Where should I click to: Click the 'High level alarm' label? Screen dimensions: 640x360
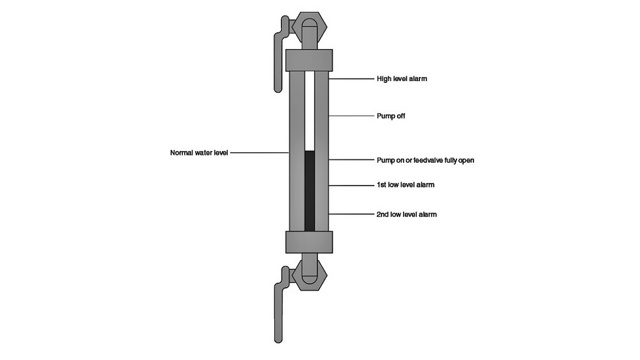[x=402, y=78]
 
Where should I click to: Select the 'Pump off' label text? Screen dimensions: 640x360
[x=391, y=116]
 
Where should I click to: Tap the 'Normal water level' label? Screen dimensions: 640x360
[x=199, y=153]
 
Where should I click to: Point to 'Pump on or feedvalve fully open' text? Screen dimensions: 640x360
[x=425, y=160]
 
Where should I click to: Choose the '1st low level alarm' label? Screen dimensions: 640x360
[x=406, y=184]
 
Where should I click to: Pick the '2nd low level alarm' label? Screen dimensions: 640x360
[x=406, y=214]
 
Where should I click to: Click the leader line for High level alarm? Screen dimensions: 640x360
[x=351, y=79]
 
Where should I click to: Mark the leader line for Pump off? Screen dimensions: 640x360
[x=351, y=116]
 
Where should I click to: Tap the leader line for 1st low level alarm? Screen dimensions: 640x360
[x=351, y=186]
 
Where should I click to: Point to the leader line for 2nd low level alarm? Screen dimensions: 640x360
[x=351, y=214]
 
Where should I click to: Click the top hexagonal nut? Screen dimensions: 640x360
[x=310, y=27]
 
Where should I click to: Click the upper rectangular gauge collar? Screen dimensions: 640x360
[x=309, y=60]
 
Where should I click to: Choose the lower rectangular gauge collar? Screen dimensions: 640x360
[x=309, y=242]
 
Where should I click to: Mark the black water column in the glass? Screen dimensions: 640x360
[x=310, y=191]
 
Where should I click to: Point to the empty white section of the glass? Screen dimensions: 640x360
[x=310, y=111]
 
